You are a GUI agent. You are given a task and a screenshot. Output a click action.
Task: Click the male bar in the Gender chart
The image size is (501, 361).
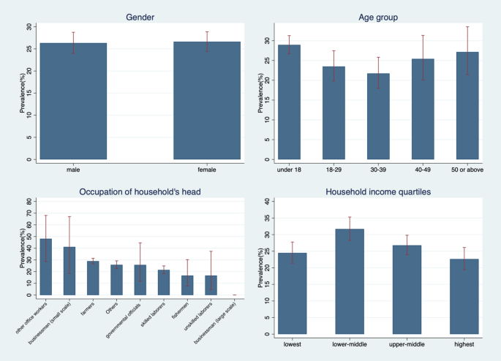click(x=73, y=101)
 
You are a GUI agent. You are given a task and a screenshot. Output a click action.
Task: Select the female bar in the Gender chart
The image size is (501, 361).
click(x=207, y=100)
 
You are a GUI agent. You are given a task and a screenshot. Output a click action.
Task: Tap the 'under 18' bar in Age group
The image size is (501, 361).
click(x=289, y=102)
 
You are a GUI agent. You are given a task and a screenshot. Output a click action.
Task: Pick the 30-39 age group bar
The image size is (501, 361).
click(x=378, y=116)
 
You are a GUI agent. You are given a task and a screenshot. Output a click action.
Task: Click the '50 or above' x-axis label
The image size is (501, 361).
click(x=467, y=170)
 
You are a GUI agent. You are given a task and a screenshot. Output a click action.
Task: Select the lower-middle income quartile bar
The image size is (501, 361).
click(x=350, y=281)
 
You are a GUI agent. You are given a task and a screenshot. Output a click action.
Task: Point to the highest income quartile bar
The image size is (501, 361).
click(x=464, y=296)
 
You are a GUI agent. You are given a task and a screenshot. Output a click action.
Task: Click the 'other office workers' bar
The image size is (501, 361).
click(x=45, y=267)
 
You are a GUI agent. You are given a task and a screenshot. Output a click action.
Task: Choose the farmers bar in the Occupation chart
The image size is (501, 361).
click(x=93, y=278)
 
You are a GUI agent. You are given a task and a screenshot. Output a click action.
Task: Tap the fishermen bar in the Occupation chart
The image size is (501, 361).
click(x=187, y=285)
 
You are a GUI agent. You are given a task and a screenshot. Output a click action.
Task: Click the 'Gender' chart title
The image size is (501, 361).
click(x=140, y=17)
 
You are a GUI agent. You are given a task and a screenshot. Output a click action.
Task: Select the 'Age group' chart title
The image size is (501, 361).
click(x=378, y=18)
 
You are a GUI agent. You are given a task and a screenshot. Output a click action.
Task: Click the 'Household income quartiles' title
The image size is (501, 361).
click(x=378, y=191)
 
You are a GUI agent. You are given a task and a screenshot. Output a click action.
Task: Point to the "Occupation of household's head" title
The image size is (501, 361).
click(x=140, y=191)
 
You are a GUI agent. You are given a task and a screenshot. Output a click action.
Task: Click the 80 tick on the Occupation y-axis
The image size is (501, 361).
click(x=29, y=202)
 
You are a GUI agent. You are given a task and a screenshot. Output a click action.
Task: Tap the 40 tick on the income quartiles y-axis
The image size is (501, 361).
click(x=268, y=201)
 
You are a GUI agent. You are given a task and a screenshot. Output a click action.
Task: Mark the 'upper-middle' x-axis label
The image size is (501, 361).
click(x=407, y=344)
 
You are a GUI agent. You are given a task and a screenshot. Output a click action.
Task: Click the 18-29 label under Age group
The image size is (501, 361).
click(x=334, y=170)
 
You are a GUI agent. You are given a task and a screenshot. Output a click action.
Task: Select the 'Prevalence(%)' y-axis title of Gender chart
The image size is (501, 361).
click(x=22, y=93)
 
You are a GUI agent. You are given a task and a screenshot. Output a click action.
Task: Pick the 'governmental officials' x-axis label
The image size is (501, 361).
click(x=124, y=320)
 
